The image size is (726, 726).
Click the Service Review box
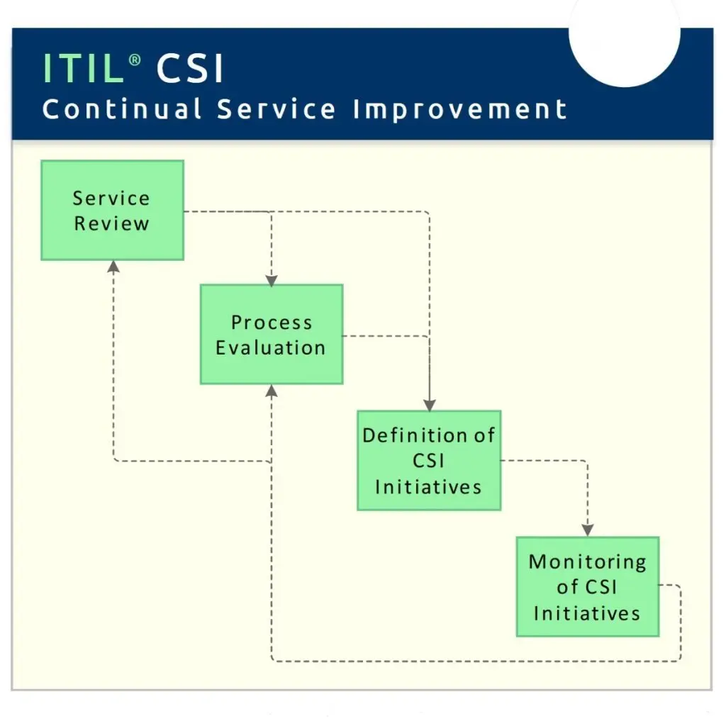click(x=112, y=210)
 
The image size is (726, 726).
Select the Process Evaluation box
click(x=272, y=334)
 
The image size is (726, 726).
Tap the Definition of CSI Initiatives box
click(x=428, y=460)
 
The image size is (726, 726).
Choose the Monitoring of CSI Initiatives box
click(x=587, y=586)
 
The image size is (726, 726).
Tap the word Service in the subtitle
click(x=277, y=110)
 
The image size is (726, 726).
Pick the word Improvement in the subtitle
click(x=459, y=110)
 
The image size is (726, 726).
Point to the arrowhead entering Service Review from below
click(x=113, y=266)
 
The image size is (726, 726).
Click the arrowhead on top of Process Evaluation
click(x=272, y=280)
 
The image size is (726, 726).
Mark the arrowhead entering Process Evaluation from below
click(x=272, y=390)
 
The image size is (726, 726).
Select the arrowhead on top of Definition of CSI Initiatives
click(x=429, y=406)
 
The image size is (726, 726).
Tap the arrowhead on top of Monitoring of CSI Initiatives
click(x=587, y=530)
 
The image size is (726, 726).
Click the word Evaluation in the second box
click(x=271, y=347)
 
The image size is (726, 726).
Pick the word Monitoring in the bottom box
click(x=587, y=562)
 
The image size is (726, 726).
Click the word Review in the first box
click(x=112, y=223)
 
